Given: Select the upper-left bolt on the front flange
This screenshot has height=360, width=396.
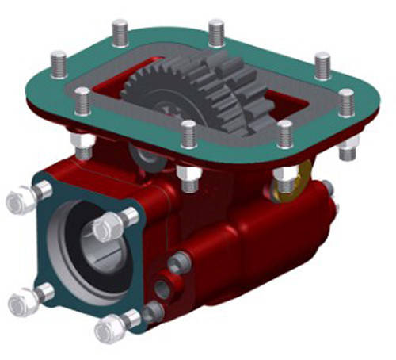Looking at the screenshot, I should click(x=24, y=198).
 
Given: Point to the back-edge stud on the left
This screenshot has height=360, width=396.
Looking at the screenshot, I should click(x=120, y=33).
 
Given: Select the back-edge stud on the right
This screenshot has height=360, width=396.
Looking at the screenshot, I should click(x=216, y=32).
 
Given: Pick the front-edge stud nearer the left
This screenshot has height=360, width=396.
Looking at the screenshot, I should click(x=188, y=133).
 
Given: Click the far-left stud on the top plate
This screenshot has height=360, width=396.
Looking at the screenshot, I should click(x=59, y=63).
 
